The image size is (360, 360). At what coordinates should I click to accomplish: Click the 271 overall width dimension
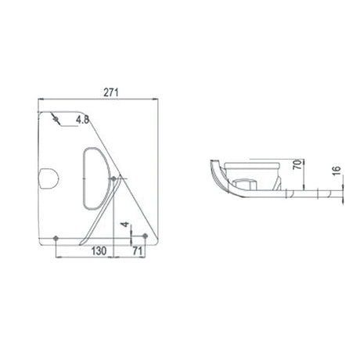[110, 92]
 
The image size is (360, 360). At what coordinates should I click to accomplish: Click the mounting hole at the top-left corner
[56, 118]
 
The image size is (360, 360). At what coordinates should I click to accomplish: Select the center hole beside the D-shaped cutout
[115, 179]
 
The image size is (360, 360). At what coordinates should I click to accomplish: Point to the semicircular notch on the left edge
[47, 178]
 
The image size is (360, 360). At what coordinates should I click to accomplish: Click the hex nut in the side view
[243, 185]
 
